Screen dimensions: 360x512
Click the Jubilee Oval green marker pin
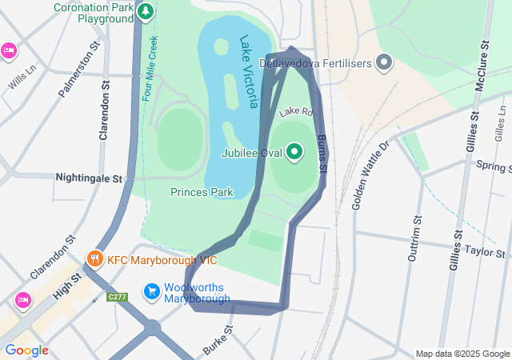[294, 151]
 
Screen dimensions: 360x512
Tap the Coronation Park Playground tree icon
[145, 11]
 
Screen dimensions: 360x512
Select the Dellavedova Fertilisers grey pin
[385, 61]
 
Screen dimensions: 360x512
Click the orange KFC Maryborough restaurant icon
[94, 258]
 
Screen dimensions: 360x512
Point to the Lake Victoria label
[249, 72]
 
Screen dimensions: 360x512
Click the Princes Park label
[202, 192]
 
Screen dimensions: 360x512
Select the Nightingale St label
[88, 178]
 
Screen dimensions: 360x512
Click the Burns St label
[322, 154]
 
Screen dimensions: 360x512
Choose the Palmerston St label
[74, 70]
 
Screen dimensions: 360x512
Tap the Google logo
[26, 350]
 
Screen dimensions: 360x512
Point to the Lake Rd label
[294, 113]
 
